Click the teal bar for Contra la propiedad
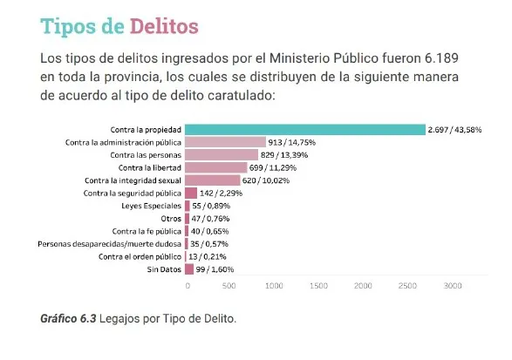click(305, 129)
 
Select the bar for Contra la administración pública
click(226, 141)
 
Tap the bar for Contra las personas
click(222, 154)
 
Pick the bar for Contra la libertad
click(216, 167)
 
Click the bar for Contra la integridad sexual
click(213, 180)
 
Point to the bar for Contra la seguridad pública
click(191, 193)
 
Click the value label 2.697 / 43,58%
click(454, 129)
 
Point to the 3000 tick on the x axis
click(453, 285)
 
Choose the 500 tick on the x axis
click(229, 285)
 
